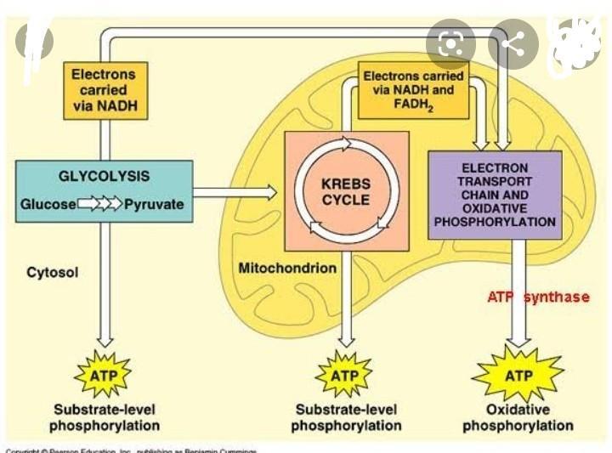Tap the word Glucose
tap(48, 205)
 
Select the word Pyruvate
tap(154, 205)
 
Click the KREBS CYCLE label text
tap(346, 192)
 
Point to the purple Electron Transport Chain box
tap(494, 195)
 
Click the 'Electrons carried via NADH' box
tap(104, 91)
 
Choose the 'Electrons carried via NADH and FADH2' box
tap(414, 89)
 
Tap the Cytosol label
tap(53, 273)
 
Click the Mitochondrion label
tap(287, 269)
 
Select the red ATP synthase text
tap(538, 297)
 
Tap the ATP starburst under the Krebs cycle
tap(344, 375)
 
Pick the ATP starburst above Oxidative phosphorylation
tap(518, 375)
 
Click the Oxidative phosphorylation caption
tap(518, 417)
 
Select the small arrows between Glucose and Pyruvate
tap(100, 205)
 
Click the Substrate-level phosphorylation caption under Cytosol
tap(104, 416)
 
